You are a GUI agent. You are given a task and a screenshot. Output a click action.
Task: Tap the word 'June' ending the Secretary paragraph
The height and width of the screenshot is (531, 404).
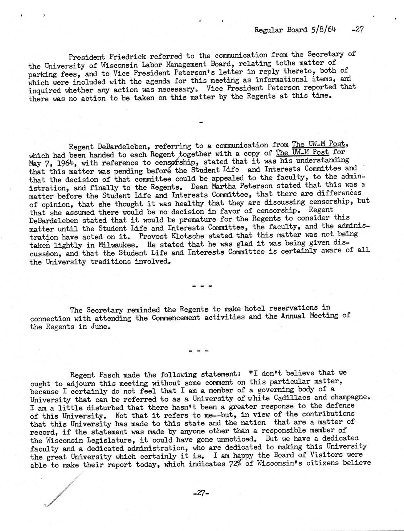point(100,327)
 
